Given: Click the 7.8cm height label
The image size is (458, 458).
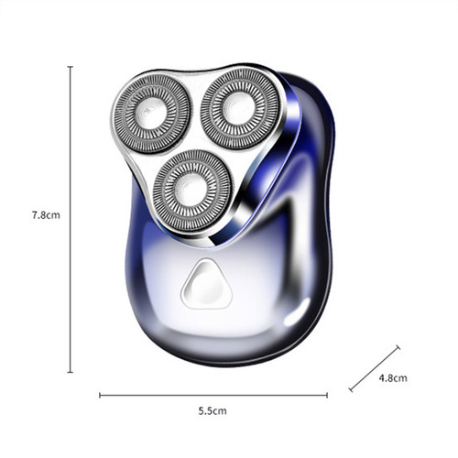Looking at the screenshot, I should pos(45,215).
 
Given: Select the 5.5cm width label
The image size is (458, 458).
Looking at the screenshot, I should pos(212,412).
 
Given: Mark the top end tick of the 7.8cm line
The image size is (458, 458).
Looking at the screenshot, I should pos(71,66).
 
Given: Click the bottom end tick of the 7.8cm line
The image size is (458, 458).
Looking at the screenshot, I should pos(71,372).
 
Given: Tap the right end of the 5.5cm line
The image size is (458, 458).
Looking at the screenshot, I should pos(327,396).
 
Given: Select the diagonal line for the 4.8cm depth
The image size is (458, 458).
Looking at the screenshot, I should pos(374,368).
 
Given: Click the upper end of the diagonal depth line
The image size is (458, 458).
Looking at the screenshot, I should pos(398,346).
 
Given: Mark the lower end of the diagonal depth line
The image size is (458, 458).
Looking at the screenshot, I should pos(351,390).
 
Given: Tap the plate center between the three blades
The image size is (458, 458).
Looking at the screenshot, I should pos(194,137).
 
